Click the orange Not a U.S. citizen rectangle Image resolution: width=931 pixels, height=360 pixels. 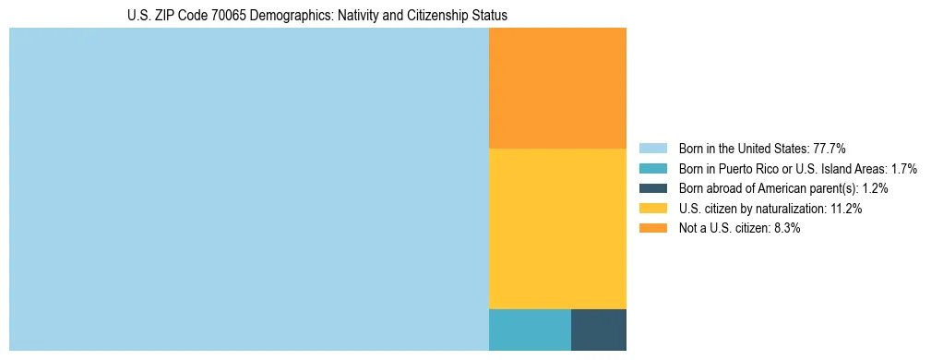[557, 88]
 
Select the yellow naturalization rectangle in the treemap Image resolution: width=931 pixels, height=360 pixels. [557, 228]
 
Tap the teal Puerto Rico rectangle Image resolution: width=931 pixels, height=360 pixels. [530, 330]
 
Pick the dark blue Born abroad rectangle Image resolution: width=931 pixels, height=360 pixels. [599, 330]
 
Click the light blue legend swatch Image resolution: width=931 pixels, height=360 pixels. [652, 149]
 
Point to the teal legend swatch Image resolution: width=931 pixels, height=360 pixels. [652, 169]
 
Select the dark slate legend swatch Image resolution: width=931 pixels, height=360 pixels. [652, 188]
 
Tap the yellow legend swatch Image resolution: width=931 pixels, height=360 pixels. [652, 209]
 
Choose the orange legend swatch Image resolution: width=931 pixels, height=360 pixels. [652, 228]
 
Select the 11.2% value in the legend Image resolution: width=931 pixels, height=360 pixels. [845, 209]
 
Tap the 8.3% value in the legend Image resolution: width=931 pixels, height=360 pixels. [786, 228]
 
